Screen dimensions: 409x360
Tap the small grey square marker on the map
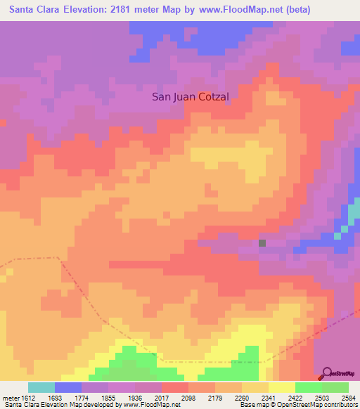262,243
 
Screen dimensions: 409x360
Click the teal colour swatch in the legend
41,387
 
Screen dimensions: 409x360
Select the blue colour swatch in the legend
68,387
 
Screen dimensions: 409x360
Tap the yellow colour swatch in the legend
281,387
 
